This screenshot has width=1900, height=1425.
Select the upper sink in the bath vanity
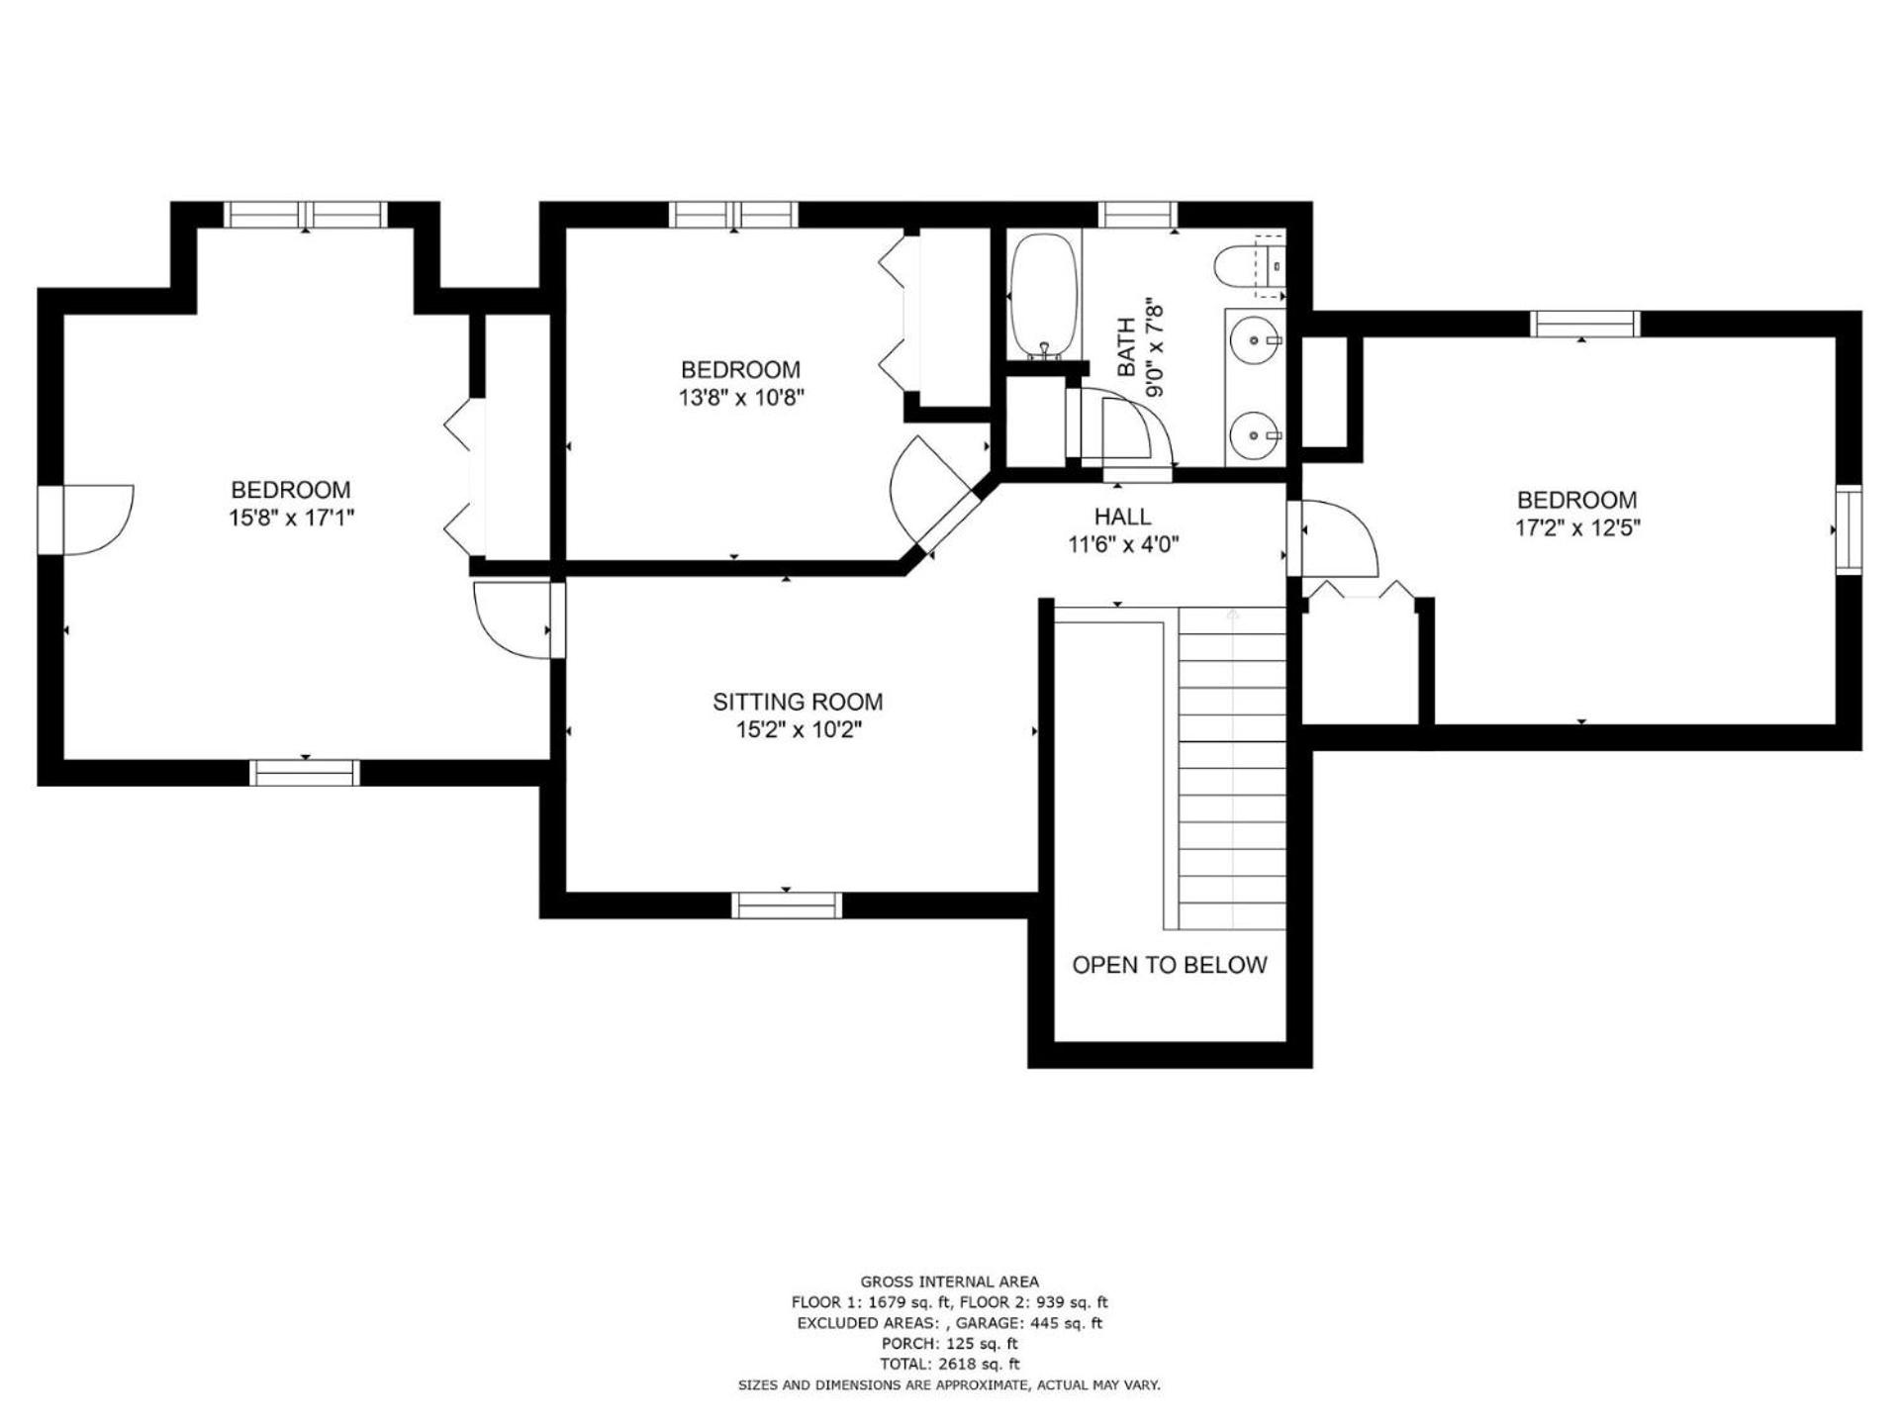click(1255, 340)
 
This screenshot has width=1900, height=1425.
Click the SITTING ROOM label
click(798, 703)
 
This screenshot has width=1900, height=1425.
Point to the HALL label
click(1122, 517)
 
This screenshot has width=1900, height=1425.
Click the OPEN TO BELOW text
click(1170, 965)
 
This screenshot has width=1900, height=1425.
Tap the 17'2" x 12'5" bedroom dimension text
click(1577, 527)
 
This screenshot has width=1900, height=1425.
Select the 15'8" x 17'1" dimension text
click(291, 518)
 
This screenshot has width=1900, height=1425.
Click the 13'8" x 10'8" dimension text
click(740, 398)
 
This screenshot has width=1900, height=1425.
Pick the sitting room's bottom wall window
click(787, 904)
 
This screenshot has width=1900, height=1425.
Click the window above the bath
click(1137, 214)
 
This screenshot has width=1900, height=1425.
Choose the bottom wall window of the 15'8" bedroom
click(305, 773)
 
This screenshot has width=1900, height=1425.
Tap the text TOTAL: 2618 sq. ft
click(949, 1364)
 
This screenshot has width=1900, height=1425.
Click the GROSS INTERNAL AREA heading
click(949, 1282)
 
